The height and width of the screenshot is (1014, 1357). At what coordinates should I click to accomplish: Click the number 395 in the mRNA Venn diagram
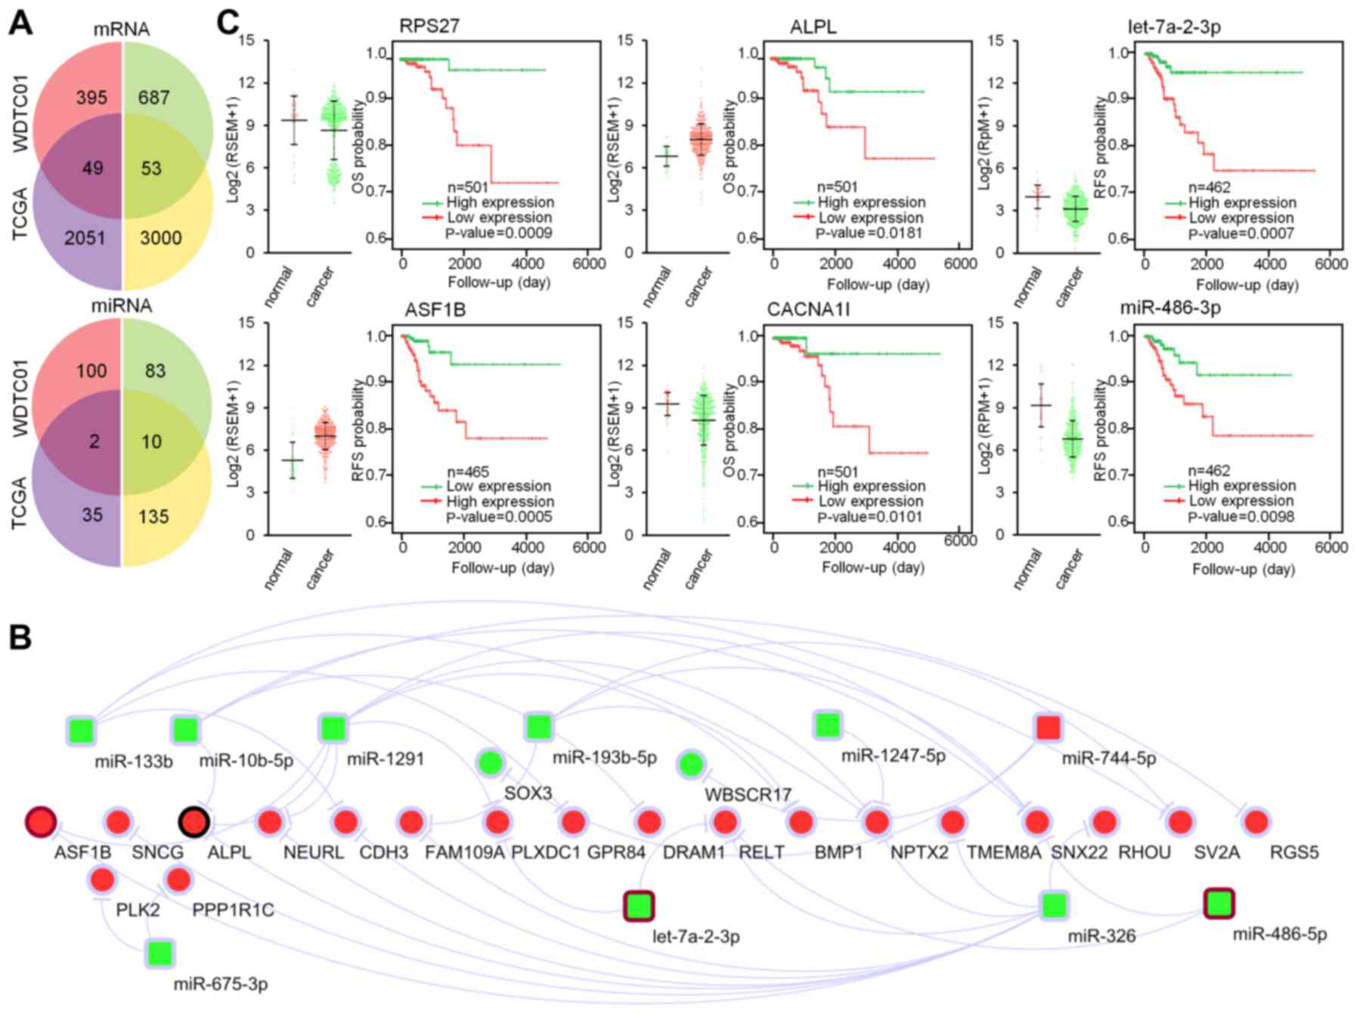(91, 97)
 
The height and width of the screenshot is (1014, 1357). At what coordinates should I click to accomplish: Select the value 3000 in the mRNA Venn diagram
(161, 238)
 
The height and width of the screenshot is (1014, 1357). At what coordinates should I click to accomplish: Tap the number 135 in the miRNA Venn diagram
(153, 517)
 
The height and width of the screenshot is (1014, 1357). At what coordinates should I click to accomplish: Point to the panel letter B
(20, 637)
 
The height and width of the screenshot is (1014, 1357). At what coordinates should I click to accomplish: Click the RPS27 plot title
(429, 26)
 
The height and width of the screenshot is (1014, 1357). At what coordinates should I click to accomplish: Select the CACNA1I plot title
(809, 310)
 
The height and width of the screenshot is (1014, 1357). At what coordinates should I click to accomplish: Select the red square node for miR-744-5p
(1048, 728)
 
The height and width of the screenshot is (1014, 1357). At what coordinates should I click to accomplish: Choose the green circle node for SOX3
(490, 763)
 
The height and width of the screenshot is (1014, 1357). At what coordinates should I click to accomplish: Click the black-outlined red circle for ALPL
(194, 822)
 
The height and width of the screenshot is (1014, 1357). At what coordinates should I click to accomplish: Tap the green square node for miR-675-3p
(159, 954)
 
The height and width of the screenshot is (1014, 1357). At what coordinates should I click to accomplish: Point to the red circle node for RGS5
(1256, 821)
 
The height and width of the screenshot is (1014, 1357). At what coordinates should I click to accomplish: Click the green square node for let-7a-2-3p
(639, 905)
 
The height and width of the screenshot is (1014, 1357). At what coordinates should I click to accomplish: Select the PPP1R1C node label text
(233, 910)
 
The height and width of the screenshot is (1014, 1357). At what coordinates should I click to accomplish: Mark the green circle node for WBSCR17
(691, 765)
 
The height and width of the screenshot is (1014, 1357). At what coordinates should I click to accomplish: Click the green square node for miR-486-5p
(1218, 903)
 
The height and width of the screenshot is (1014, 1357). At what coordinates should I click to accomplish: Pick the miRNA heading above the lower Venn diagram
(122, 305)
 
